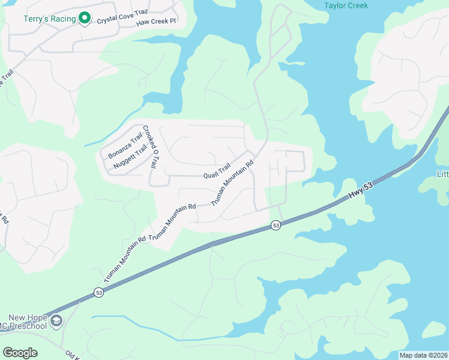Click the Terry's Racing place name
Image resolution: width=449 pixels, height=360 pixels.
pyautogui.click(x=50, y=19)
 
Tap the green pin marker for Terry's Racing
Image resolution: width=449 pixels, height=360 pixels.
pyautogui.click(x=85, y=19)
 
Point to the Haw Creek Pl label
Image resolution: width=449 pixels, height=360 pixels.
pyautogui.click(x=155, y=22)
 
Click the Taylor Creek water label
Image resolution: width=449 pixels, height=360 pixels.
pyautogui.click(x=345, y=5)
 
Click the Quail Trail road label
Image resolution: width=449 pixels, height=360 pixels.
pyautogui.click(x=217, y=172)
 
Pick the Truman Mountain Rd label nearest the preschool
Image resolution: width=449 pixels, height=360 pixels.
pyautogui.click(x=125, y=259)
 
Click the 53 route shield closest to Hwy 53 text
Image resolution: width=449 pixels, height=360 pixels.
pyautogui.click(x=276, y=225)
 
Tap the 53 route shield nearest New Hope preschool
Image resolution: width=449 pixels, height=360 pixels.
pyautogui.click(x=99, y=293)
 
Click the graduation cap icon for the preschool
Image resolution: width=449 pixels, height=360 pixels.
pyautogui.click(x=56, y=322)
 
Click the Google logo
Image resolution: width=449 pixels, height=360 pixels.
pyautogui.click(x=20, y=353)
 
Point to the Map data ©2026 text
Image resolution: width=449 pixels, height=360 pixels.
pyautogui.click(x=423, y=355)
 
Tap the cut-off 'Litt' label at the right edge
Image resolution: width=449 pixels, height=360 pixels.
pyautogui.click(x=443, y=174)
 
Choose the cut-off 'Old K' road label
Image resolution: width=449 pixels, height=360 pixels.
pyautogui.click(x=73, y=356)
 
